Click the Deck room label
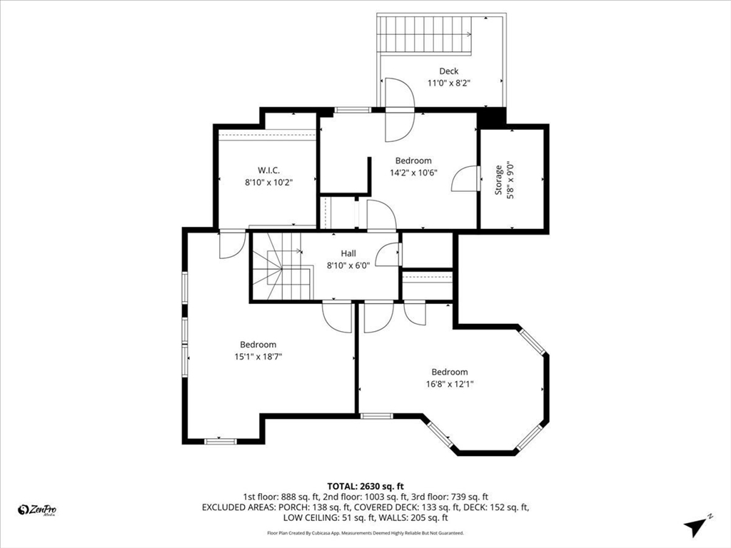pyautogui.click(x=448, y=71)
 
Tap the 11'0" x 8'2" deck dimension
pyautogui.click(x=448, y=83)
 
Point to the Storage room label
pyautogui.click(x=499, y=180)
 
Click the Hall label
pyautogui.click(x=348, y=253)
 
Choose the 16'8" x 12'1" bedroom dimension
pyautogui.click(x=449, y=383)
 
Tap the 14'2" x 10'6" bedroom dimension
pyautogui.click(x=413, y=172)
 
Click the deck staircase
pyautogui.click(x=424, y=34)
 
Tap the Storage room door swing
pyautogui.click(x=465, y=178)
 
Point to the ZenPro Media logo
pyautogui.click(x=37, y=509)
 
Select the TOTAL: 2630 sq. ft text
pyautogui.click(x=365, y=485)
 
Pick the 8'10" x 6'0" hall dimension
pyautogui.click(x=348, y=265)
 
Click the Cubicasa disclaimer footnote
pyautogui.click(x=365, y=533)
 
